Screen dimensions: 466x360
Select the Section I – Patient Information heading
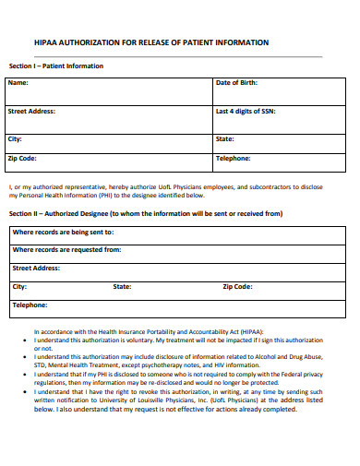[x=55, y=66]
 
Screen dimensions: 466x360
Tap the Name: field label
[x=18, y=83]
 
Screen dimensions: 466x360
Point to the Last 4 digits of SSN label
[x=245, y=111]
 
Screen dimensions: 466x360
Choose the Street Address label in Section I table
[x=31, y=111]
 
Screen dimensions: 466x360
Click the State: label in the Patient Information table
[x=224, y=138]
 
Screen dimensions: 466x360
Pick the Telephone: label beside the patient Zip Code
[x=233, y=158]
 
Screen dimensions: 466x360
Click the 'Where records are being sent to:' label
[x=63, y=233]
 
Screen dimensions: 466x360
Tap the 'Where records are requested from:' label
[x=66, y=249]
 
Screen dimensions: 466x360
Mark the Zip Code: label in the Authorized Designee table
[x=237, y=286]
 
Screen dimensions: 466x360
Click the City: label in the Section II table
[x=19, y=286]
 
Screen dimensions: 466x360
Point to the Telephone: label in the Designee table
[x=30, y=305]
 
